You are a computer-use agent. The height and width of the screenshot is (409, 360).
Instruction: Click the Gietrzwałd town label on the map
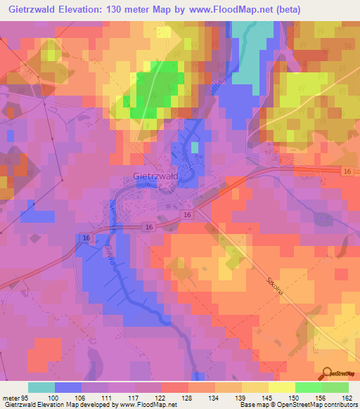click(x=155, y=177)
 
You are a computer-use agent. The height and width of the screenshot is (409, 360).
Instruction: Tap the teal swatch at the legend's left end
click(x=41, y=387)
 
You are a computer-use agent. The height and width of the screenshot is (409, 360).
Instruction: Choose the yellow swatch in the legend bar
click(x=282, y=387)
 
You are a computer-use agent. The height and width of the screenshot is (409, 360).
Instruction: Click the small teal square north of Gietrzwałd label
click(x=194, y=147)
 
